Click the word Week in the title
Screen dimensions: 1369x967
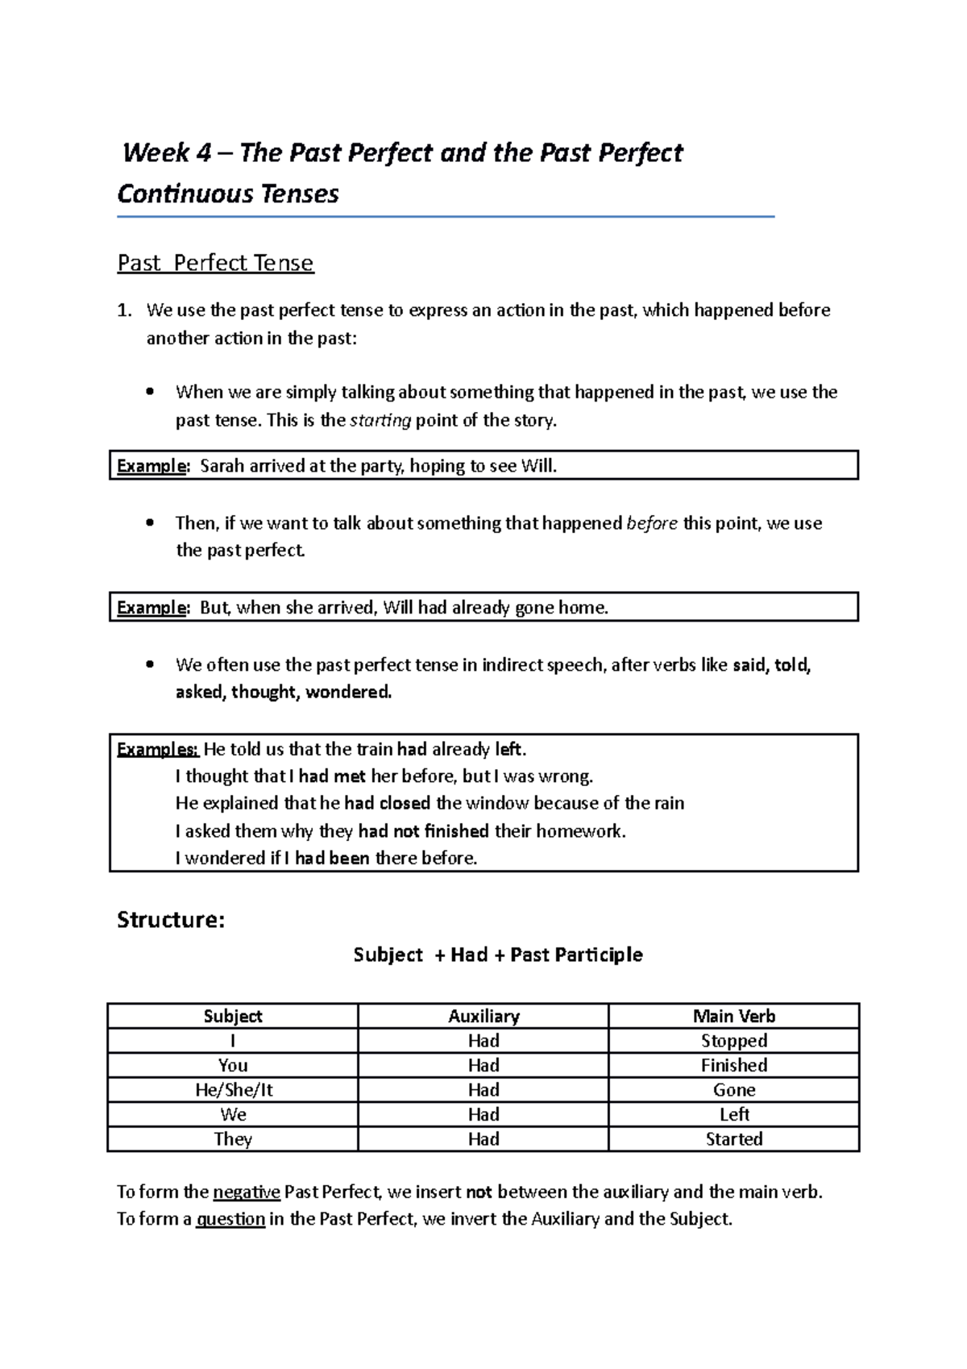coord(156,153)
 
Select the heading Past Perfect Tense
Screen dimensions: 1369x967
coord(215,263)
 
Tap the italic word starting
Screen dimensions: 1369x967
coord(380,420)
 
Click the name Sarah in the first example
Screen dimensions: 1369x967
coord(222,465)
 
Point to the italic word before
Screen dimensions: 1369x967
coord(652,523)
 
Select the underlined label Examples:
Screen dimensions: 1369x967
coord(158,749)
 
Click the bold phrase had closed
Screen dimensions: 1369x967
coord(388,803)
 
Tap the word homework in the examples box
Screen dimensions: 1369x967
coord(580,830)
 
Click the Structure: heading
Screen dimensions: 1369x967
coord(171,920)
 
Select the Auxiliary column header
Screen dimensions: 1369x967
coord(483,1016)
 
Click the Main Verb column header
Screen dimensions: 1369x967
coord(734,1016)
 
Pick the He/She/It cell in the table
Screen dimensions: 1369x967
coord(234,1090)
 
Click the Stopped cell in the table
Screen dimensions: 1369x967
coord(734,1041)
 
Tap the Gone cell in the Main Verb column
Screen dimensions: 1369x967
coord(734,1090)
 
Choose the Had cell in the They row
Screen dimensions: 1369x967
coord(483,1139)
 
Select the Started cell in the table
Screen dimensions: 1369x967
coord(734,1139)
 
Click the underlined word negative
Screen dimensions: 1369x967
coord(247,1192)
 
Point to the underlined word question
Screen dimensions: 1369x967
coord(230,1219)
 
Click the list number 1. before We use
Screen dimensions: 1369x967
coord(124,310)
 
